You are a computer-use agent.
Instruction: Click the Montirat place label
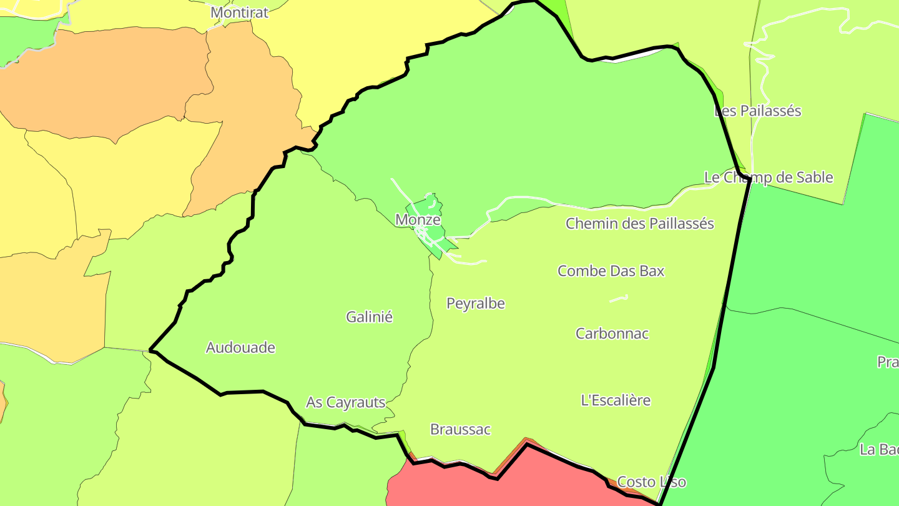pos(239,12)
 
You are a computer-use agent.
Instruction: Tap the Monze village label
pos(418,220)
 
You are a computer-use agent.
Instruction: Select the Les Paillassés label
pos(757,111)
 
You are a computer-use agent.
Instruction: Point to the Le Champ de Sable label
pos(769,177)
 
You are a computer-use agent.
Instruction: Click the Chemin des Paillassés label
pos(640,224)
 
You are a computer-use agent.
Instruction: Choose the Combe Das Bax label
pos(611,271)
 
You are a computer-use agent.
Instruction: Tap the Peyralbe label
pos(476,304)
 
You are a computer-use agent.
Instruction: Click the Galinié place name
pos(370,317)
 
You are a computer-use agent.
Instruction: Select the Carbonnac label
pos(612,334)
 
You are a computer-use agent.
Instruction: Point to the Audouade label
pos(240,348)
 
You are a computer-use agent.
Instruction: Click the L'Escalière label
pos(616,400)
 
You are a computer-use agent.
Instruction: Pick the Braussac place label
pos(460,430)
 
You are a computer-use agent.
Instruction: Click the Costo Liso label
pos(651,482)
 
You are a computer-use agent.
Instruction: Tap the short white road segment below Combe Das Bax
pos(618,299)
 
